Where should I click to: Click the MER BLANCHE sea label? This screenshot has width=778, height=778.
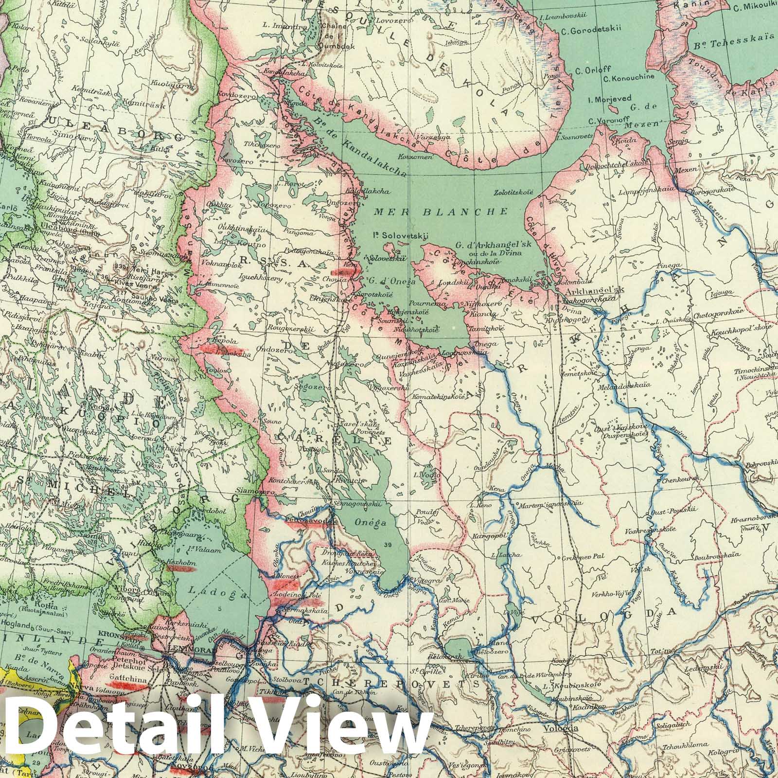coord(441,212)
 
